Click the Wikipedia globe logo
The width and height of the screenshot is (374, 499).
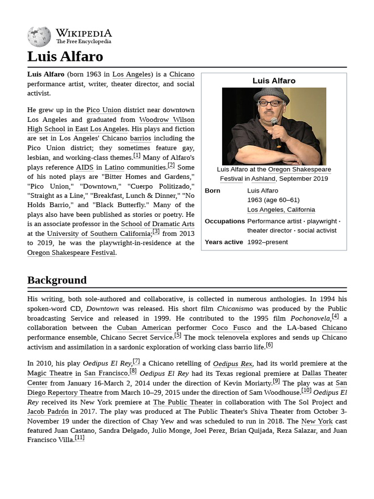point(39,36)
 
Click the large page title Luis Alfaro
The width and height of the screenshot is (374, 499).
point(65,57)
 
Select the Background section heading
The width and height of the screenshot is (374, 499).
point(57,280)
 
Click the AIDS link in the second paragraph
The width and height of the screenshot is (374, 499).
point(84,167)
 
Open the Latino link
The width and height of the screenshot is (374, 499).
point(114,167)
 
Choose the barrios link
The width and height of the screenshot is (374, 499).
point(140,138)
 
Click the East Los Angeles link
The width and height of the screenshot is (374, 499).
point(101,129)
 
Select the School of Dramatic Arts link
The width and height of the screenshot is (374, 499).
point(158,224)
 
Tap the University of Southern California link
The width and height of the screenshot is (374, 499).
point(99,234)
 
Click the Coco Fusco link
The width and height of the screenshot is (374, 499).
point(227,328)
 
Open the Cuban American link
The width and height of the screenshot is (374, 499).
point(137,328)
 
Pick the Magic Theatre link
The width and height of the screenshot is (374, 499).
point(50,373)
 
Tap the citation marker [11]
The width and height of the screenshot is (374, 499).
point(79,438)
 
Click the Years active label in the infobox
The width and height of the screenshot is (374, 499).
point(224,242)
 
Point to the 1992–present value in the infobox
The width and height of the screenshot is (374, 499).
point(267,242)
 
